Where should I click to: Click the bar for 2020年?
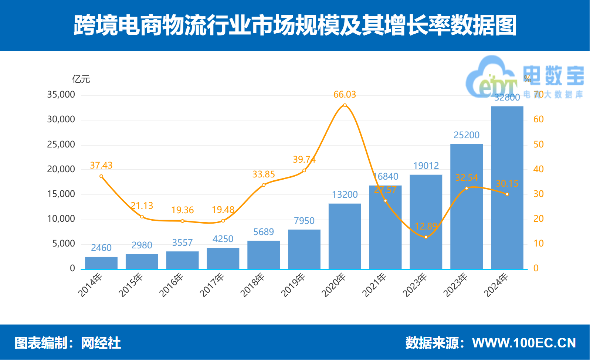345,237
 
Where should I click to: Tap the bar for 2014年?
101,263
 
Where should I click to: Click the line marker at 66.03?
345,105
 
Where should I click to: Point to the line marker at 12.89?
426,237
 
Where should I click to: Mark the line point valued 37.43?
101,176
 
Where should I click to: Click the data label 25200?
466,135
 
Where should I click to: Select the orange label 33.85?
264,174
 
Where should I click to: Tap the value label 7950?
304,221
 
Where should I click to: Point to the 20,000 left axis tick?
61,169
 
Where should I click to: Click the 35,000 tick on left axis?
61,95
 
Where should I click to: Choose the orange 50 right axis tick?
538,145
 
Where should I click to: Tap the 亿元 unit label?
81,79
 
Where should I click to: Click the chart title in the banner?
295,26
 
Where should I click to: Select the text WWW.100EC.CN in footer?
524,343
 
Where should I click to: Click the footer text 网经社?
101,343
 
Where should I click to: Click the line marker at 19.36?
182,221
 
